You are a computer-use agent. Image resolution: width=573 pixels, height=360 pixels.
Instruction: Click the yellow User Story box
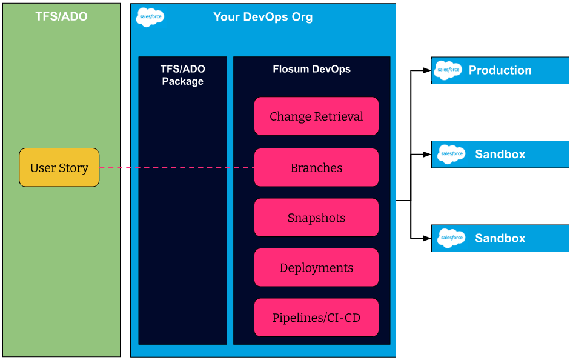[59, 167]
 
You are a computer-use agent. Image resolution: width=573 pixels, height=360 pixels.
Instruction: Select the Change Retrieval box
[316, 116]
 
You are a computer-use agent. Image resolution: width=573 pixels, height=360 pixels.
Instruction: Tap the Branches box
[316, 167]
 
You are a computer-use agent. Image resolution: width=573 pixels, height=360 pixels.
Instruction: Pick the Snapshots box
[316, 218]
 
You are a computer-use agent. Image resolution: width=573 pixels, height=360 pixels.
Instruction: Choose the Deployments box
[316, 267]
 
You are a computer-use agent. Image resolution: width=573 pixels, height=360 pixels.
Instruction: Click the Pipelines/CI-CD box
[316, 317]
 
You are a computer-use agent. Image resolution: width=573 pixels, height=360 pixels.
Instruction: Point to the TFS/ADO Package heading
[183, 75]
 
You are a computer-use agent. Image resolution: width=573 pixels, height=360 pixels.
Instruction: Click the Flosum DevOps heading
[312, 69]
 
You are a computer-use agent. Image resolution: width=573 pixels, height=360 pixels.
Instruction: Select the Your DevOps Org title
[263, 17]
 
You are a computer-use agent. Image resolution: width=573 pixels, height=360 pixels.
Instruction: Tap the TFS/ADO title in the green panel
[61, 16]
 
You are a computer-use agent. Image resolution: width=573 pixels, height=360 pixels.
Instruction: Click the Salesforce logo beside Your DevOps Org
[150, 17]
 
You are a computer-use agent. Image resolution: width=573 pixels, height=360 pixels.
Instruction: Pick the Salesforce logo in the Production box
[448, 70]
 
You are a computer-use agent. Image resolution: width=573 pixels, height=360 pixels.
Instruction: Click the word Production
[500, 70]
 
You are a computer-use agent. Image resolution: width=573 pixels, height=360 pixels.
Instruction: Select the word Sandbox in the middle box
[500, 154]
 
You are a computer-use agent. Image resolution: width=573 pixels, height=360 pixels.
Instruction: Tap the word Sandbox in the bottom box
[500, 238]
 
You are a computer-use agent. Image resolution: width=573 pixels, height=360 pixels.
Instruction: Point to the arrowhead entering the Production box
[427, 70]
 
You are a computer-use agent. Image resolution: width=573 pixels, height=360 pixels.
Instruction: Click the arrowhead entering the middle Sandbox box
[427, 154]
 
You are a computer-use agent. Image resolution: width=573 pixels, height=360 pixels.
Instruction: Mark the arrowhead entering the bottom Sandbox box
[427, 238]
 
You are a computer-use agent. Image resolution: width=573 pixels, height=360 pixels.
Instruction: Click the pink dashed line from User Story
[177, 167]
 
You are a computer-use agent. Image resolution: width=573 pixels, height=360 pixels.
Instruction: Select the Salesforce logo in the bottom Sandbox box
[452, 238]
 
